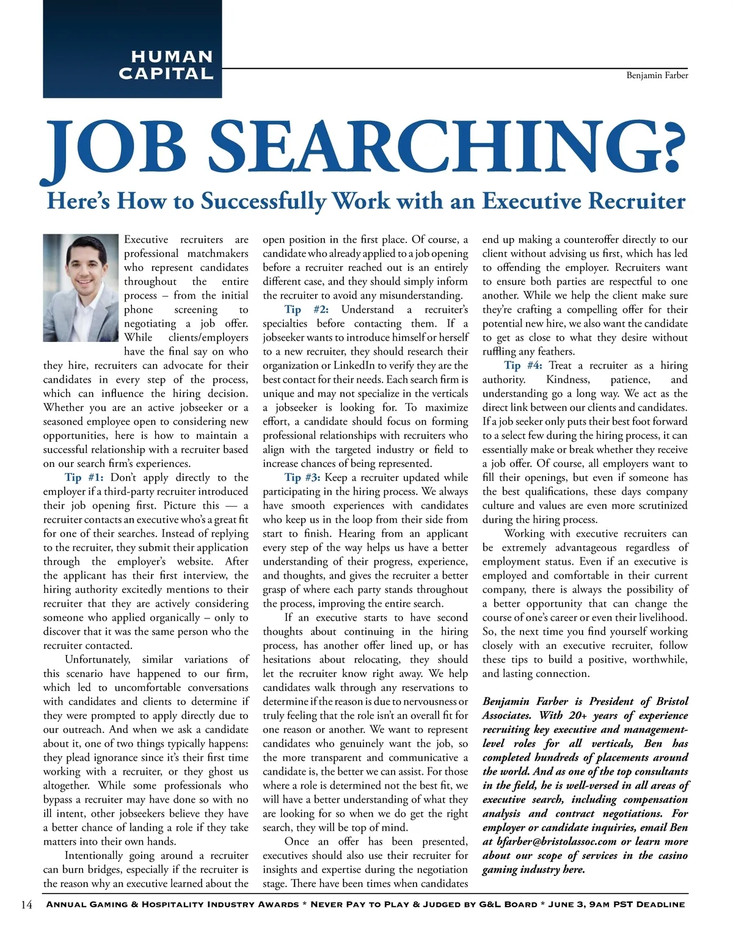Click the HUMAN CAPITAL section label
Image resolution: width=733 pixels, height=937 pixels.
click(166, 65)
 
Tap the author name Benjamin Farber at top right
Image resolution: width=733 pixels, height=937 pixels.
click(657, 76)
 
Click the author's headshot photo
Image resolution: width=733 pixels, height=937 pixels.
click(81, 288)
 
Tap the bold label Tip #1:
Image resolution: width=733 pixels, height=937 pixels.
click(84, 477)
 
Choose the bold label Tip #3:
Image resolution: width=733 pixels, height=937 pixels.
click(302, 477)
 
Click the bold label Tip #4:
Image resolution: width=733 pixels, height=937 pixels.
click(523, 366)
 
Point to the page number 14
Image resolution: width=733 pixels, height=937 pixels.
click(26, 905)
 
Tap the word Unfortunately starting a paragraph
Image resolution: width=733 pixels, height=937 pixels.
click(98, 659)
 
